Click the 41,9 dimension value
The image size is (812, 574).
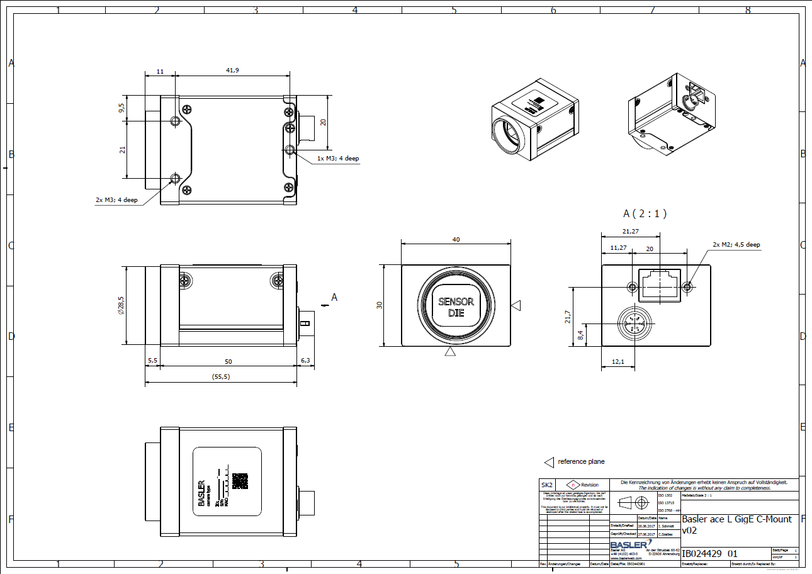[232, 70]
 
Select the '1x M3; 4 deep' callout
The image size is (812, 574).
[338, 159]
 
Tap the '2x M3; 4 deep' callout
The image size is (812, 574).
[116, 200]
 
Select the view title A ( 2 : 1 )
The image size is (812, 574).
[645, 214]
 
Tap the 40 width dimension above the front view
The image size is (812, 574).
[456, 239]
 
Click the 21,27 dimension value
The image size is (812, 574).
[630, 232]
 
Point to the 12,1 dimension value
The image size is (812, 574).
[617, 362]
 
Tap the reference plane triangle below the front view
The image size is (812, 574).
[450, 352]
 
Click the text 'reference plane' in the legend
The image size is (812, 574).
[581, 461]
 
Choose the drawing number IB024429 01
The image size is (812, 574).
[709, 554]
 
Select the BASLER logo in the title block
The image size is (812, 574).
[631, 544]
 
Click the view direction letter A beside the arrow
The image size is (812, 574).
[334, 297]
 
